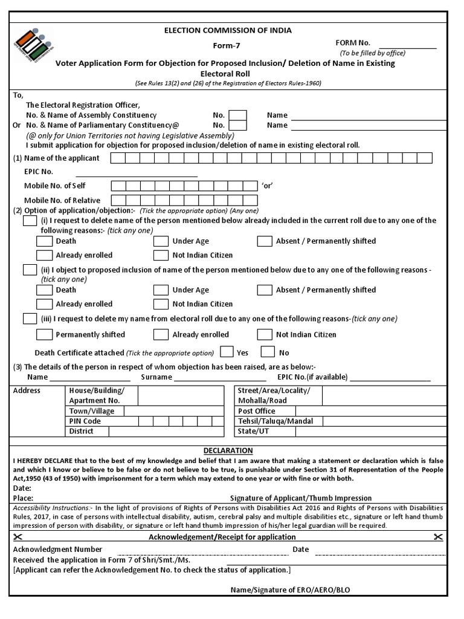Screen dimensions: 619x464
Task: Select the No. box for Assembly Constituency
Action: (238, 115)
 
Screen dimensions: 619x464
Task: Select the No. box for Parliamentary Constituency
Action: (238, 125)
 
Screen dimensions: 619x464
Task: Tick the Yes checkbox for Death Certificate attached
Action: (227, 352)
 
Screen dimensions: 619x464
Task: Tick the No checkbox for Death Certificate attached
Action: (268, 352)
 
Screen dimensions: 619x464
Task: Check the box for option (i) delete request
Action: (30, 221)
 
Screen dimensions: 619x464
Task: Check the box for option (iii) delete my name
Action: (30, 319)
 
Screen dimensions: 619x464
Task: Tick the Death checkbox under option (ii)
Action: (45, 290)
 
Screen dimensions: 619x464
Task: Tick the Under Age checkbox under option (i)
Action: (161, 241)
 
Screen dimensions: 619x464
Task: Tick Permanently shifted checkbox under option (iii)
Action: (45, 334)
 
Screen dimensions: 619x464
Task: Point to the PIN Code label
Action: (85, 421)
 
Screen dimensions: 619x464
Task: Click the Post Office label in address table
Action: (257, 411)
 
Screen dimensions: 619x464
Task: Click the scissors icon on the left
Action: (18, 537)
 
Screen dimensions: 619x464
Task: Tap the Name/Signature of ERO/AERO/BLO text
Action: (298, 590)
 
